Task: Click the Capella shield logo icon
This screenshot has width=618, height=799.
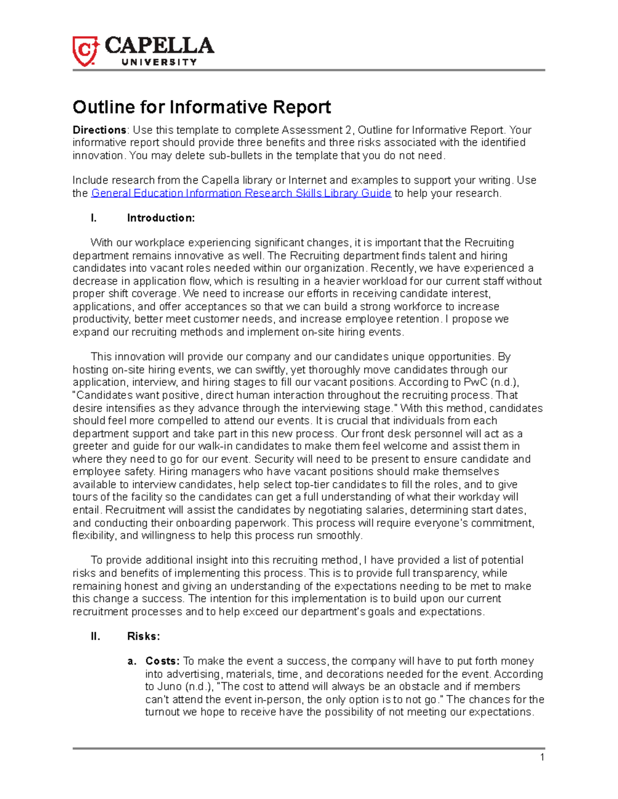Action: click(x=85, y=50)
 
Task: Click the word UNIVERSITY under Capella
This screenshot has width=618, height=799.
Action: click(x=159, y=62)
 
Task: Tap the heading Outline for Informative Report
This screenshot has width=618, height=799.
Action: click(x=201, y=107)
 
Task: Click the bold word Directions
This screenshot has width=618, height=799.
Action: click(x=99, y=130)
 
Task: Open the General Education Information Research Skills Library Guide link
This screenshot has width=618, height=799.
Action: click(x=241, y=193)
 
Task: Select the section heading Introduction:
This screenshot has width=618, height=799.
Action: click(x=161, y=218)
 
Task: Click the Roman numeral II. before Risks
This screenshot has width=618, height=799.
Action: click(x=95, y=636)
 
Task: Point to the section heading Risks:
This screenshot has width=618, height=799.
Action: click(x=143, y=636)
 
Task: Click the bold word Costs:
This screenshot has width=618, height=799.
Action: click(x=162, y=661)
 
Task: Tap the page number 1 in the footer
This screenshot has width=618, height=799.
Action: click(x=542, y=757)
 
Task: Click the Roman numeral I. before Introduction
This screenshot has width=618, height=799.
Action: click(x=93, y=218)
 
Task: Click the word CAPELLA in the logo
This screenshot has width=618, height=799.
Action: click(x=159, y=46)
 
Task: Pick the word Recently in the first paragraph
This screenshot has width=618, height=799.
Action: click(x=394, y=268)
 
